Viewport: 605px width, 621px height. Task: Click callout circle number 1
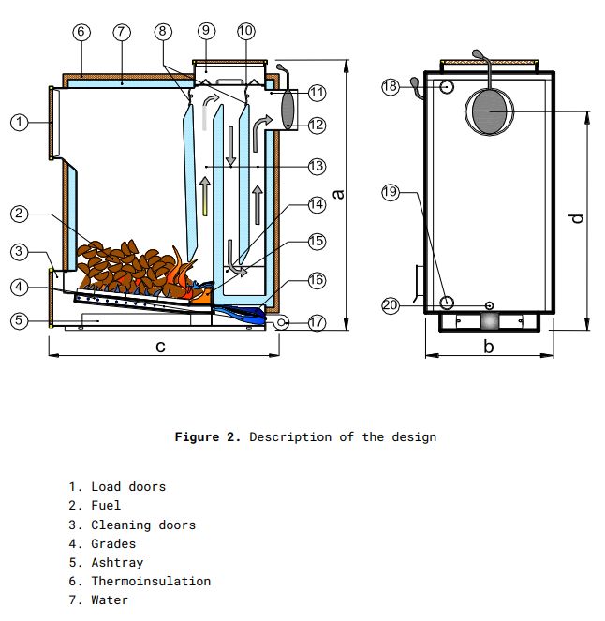(19, 122)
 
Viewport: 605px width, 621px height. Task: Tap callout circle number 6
(81, 31)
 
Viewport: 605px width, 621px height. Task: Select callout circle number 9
(206, 31)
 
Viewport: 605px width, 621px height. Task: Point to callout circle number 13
(316, 166)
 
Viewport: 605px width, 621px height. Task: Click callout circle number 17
(316, 322)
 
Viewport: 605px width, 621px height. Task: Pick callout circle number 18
(391, 86)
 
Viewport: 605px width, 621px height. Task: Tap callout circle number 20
(391, 305)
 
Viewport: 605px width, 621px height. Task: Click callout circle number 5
(19, 320)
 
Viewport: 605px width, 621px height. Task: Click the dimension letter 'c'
(161, 347)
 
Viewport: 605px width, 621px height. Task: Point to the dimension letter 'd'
(578, 217)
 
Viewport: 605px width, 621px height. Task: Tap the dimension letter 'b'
(488, 347)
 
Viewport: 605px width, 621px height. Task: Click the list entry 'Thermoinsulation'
(150, 581)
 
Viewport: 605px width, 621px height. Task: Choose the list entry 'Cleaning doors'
(142, 525)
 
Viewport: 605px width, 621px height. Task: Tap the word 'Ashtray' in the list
(116, 562)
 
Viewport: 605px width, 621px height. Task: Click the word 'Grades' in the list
(112, 543)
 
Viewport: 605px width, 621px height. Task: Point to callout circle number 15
(316, 242)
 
